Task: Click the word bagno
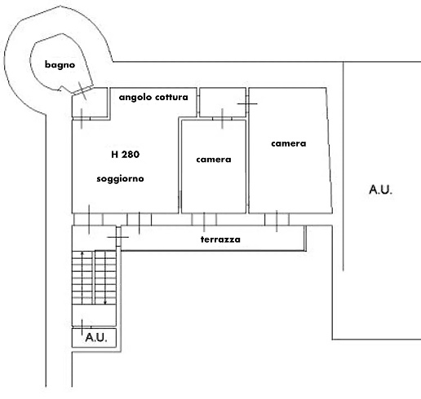tap(60, 65)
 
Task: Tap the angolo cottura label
tap(153, 97)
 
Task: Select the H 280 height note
tap(126, 155)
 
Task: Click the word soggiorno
tap(120, 179)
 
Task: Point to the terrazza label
tap(220, 239)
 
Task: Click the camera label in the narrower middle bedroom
tap(214, 160)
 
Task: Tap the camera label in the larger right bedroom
tap(289, 143)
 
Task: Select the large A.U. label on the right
tap(380, 190)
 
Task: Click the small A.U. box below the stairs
tap(94, 338)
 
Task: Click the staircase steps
tap(94, 278)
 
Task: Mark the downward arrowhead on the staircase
tap(105, 303)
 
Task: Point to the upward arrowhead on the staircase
tap(82, 253)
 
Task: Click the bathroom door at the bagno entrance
tap(83, 90)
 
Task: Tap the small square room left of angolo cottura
tap(90, 103)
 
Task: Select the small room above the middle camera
tap(223, 103)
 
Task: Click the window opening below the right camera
tap(277, 219)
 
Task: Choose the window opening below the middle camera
tap(204, 219)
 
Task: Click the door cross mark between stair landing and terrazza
tap(118, 237)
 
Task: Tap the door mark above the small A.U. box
tap(82, 327)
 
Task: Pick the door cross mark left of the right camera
tap(247, 103)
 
